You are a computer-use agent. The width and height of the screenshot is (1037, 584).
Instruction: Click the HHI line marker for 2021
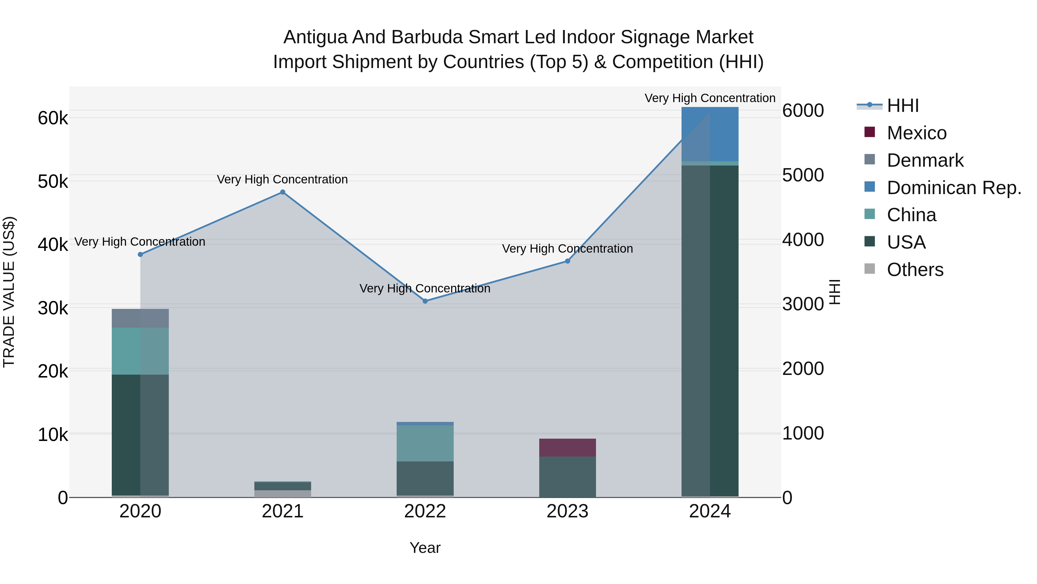click(283, 192)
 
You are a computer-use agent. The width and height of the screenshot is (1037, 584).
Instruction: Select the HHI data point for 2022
click(425, 301)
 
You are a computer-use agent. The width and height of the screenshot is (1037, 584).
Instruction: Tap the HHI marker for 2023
click(567, 261)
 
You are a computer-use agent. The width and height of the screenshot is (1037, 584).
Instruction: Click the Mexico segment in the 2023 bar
click(567, 447)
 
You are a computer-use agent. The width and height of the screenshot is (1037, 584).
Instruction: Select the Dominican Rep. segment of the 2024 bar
click(710, 134)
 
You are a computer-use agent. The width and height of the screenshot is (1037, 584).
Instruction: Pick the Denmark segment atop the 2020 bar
click(140, 318)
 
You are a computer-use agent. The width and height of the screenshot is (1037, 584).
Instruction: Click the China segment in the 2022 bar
click(425, 443)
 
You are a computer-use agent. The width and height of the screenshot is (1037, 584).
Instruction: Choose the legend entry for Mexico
click(916, 133)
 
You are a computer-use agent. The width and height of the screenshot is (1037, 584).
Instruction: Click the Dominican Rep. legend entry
click(954, 188)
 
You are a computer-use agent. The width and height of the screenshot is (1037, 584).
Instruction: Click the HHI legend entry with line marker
click(902, 106)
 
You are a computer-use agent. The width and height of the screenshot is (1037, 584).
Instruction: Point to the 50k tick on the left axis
click(53, 181)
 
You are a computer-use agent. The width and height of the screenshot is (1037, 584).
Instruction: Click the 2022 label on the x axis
click(425, 511)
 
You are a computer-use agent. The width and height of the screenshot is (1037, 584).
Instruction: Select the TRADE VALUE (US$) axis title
click(9, 292)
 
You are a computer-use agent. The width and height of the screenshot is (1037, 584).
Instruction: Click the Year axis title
click(425, 548)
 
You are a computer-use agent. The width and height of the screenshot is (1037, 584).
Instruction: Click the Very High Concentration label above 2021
click(282, 179)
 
